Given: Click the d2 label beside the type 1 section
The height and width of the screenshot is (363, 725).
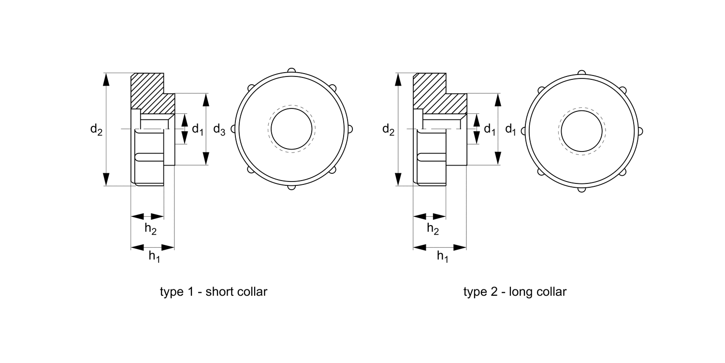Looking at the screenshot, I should [96, 130].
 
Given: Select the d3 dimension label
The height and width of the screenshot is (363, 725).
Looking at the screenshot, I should [219, 130].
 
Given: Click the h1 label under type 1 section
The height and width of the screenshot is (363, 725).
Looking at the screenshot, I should [154, 257].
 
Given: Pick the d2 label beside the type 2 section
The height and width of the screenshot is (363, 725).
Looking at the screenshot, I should [388, 129].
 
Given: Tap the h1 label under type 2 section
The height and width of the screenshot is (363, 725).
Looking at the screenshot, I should [442, 257].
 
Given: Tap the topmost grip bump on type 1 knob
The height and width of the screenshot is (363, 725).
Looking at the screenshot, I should [291, 71].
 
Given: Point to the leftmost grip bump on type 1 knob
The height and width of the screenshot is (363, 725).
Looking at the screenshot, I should [233, 129].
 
